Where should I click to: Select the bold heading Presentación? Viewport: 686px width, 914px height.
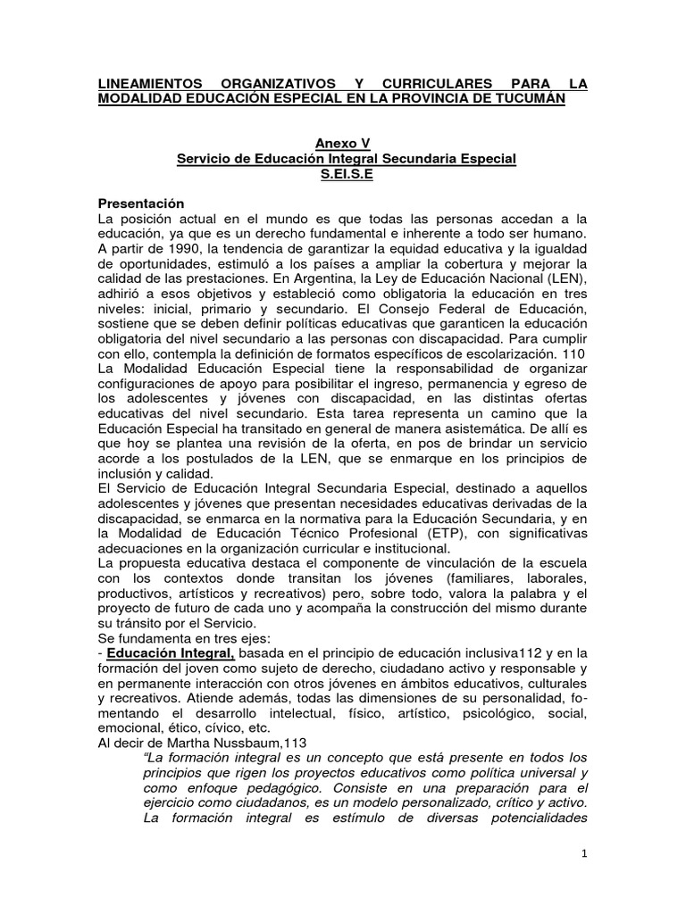click(146, 204)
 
